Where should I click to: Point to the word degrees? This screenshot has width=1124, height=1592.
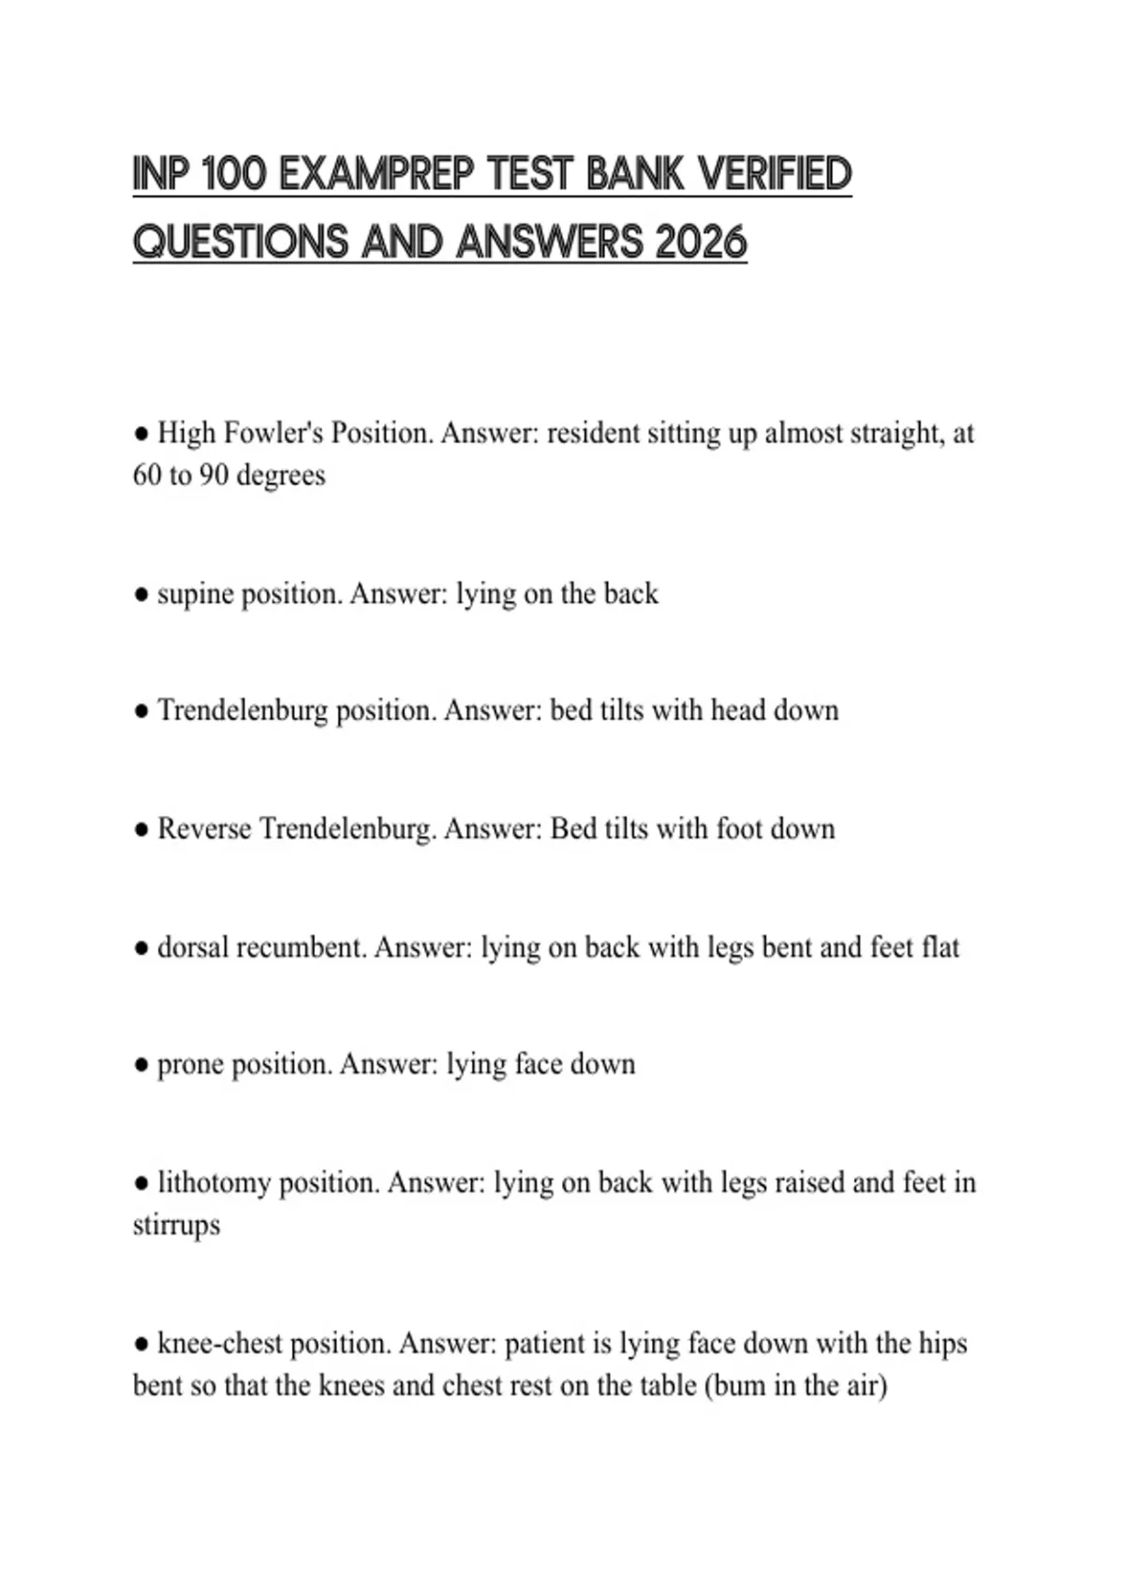tap(281, 476)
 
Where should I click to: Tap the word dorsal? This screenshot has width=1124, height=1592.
tap(192, 948)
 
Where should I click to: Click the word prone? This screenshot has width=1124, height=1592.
tap(190, 1066)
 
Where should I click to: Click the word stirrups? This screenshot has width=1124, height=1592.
tap(176, 1225)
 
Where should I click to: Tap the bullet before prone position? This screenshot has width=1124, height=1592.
tap(141, 1066)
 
